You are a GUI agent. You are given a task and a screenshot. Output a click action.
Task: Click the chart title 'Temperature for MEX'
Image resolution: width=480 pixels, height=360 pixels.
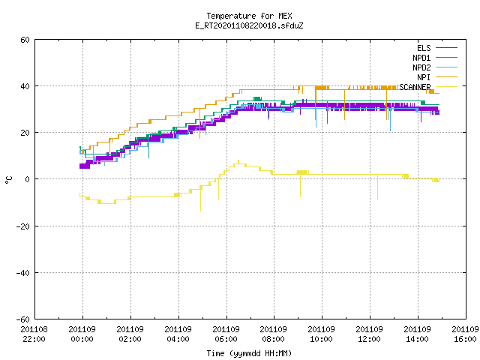pyautogui.click(x=249, y=16)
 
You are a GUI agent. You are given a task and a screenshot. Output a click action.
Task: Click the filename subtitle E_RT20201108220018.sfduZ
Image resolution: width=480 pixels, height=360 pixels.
pyautogui.click(x=249, y=25)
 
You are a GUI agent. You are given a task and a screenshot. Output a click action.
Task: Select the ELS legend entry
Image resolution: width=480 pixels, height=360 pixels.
pyautogui.click(x=437, y=48)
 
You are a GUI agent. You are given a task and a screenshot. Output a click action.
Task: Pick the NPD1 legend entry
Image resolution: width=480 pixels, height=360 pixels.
pyautogui.click(x=435, y=58)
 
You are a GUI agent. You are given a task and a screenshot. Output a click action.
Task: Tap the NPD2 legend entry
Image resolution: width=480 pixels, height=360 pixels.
pyautogui.click(x=435, y=67)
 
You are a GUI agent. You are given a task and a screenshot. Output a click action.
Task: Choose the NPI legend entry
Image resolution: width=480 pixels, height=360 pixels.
pyautogui.click(x=437, y=77)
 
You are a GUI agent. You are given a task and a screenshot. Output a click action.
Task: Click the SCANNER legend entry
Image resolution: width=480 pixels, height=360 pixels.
pyautogui.click(x=428, y=87)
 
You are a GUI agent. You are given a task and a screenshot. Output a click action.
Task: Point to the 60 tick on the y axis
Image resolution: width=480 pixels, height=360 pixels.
pyautogui.click(x=25, y=40)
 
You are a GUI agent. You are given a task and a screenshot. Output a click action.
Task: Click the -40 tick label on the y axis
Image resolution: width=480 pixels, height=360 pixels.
pyautogui.click(x=23, y=273)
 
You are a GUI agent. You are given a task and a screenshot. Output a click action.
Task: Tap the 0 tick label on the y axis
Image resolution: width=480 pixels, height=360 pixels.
pyautogui.click(x=28, y=179)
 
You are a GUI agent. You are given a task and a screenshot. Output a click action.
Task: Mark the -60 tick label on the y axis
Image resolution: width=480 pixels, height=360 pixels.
pyautogui.click(x=23, y=319)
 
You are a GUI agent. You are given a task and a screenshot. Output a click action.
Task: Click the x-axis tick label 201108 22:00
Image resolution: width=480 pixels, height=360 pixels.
pyautogui.click(x=34, y=334)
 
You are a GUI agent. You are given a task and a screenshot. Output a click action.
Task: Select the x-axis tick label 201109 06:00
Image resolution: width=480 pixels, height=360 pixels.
pyautogui.click(x=226, y=334)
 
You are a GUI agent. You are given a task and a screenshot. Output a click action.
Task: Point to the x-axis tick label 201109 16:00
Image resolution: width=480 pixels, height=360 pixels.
pyautogui.click(x=465, y=334)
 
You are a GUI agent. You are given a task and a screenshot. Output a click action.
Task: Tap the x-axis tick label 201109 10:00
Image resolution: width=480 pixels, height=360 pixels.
pyautogui.click(x=322, y=334)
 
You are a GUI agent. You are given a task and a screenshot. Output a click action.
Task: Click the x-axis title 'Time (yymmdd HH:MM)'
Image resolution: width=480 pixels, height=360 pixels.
pyautogui.click(x=249, y=353)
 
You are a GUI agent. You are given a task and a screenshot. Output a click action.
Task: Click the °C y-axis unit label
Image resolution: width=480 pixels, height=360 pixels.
pyautogui.click(x=8, y=180)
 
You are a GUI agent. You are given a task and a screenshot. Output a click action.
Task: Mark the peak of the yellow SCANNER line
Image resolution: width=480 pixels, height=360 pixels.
pyautogui.click(x=238, y=160)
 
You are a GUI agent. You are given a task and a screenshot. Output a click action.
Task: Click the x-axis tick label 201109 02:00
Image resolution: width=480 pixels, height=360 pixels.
pyautogui.click(x=130, y=334)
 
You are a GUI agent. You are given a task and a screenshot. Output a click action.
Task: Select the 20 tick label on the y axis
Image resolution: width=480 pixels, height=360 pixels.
pyautogui.click(x=25, y=133)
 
